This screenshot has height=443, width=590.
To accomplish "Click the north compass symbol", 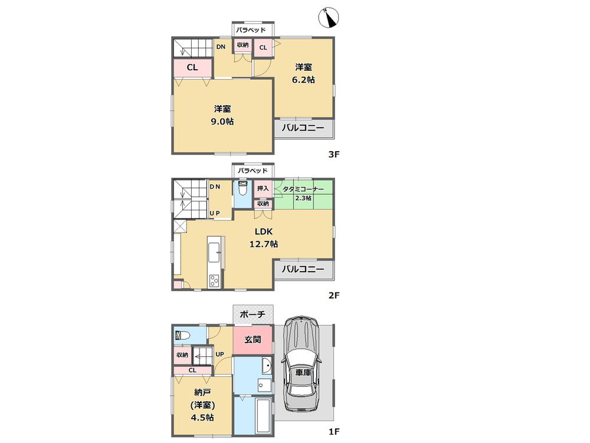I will coord(327,19).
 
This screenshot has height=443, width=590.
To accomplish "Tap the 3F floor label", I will coord(335,155).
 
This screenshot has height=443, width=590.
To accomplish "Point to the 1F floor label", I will coord(335,431).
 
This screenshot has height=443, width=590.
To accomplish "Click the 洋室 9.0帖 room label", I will coord(222,115).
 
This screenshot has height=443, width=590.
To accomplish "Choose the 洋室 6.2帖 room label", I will coord(304,73).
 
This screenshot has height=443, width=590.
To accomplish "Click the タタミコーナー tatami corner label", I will coord(303,193).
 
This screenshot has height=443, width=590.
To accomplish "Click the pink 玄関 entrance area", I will coord(253,340).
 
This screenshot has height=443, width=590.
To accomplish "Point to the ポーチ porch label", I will coord(253,314).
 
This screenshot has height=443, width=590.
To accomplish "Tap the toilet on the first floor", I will coord(182,335).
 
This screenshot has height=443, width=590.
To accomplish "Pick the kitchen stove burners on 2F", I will coord(212,281).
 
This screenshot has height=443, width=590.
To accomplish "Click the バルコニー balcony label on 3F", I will coord(303,128).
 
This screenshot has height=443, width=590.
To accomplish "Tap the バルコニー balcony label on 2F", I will coord(303,269).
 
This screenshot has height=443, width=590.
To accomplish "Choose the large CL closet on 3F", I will coord(192,67).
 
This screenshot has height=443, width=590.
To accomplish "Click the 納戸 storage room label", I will coord(201,405).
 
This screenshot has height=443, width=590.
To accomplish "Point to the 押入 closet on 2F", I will coord(263,188).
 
